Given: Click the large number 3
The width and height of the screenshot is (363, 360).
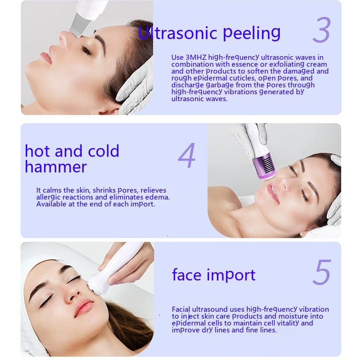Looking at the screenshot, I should [322, 31].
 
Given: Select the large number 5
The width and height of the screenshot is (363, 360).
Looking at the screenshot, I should [322, 273].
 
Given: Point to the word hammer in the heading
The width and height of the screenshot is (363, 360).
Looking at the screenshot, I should [56, 166].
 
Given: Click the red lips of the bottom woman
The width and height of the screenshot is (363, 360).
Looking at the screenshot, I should [85, 307].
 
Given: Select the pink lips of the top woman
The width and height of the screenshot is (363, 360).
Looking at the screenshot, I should [46, 57].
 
